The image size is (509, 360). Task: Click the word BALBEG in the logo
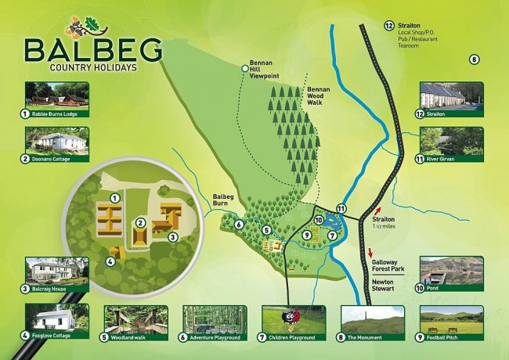click(93, 49)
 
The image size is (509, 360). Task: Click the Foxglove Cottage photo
click(56, 318)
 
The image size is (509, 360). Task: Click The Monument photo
click(373, 318)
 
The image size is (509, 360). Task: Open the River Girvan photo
click(451, 142)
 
